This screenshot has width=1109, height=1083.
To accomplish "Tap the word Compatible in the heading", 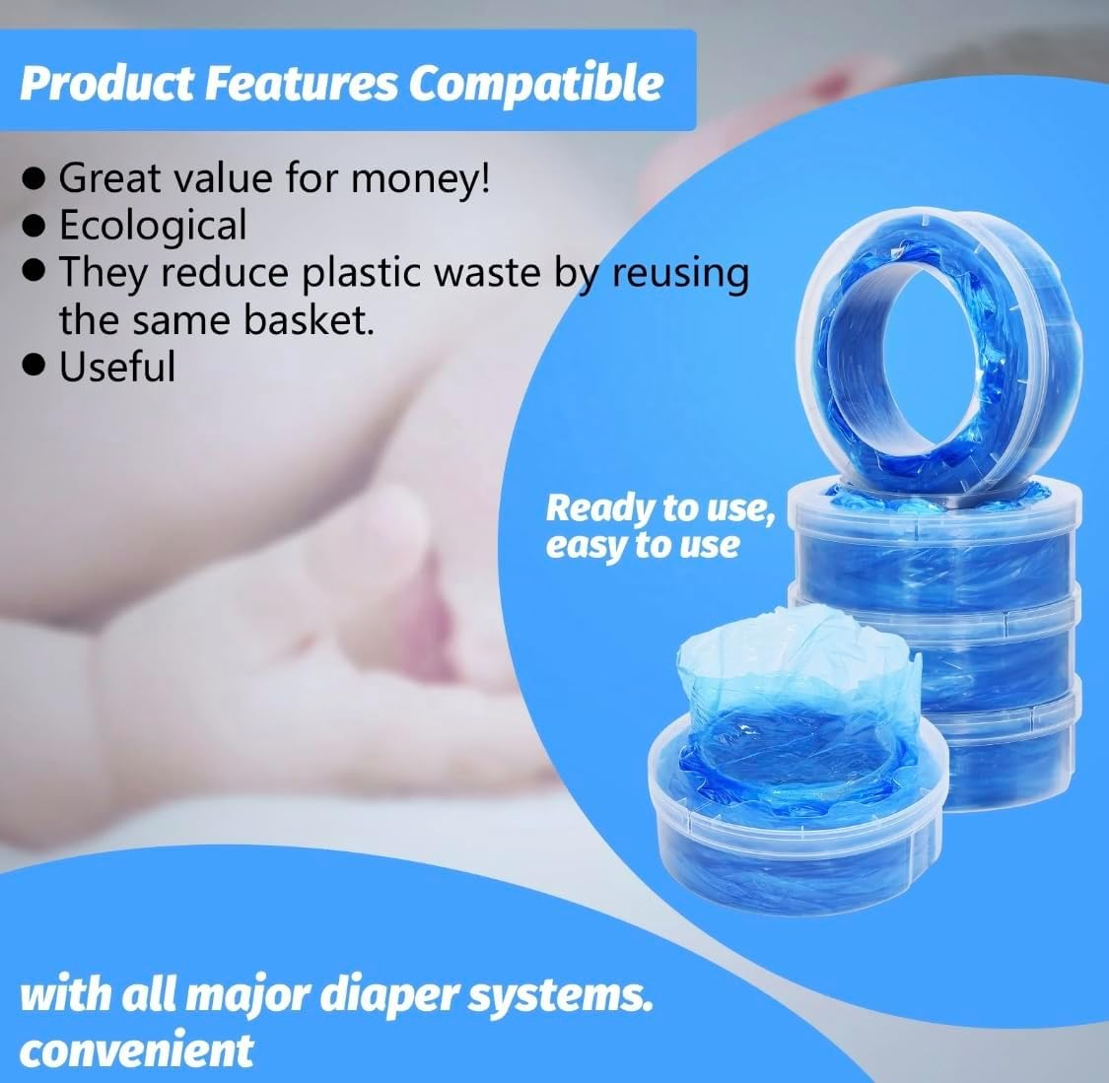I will [x=535, y=84].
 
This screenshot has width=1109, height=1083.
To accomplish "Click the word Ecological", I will [x=153, y=225].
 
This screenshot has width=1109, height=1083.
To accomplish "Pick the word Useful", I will [x=117, y=367].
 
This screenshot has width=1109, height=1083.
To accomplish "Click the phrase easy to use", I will [x=642, y=544].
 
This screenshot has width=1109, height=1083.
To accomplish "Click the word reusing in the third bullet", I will [x=680, y=273].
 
